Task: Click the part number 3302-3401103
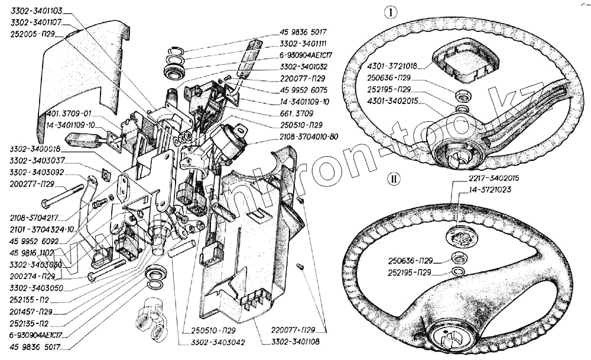click(x=37, y=11)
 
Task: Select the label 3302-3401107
click(x=37, y=22)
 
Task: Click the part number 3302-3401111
click(x=303, y=44)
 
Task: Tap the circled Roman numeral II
click(x=393, y=177)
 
